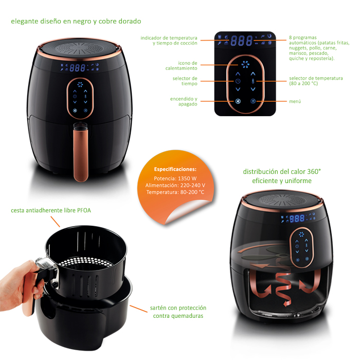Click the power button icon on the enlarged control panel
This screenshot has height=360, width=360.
(238, 101)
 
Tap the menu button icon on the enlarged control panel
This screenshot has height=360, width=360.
(253, 101)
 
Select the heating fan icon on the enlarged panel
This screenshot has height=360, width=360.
(245, 65)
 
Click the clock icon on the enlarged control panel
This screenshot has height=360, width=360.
(238, 81)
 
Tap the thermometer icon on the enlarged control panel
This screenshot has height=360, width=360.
(253, 81)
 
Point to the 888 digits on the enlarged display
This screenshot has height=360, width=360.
(241, 41)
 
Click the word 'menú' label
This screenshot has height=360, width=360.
(295, 101)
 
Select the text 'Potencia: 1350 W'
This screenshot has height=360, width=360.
(175, 178)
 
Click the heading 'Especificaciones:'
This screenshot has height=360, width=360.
(175, 169)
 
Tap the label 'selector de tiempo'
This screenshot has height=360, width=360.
(185, 81)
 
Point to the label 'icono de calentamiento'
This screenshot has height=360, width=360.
(181, 66)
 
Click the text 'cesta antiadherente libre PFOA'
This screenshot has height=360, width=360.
(51, 210)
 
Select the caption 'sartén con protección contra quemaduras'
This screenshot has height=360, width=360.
(178, 312)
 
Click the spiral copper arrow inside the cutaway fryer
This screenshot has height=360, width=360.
(284, 289)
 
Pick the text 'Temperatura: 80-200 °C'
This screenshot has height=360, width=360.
(175, 192)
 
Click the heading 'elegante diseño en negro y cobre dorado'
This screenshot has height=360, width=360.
(76, 22)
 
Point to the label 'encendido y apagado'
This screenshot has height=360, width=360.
(184, 101)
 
